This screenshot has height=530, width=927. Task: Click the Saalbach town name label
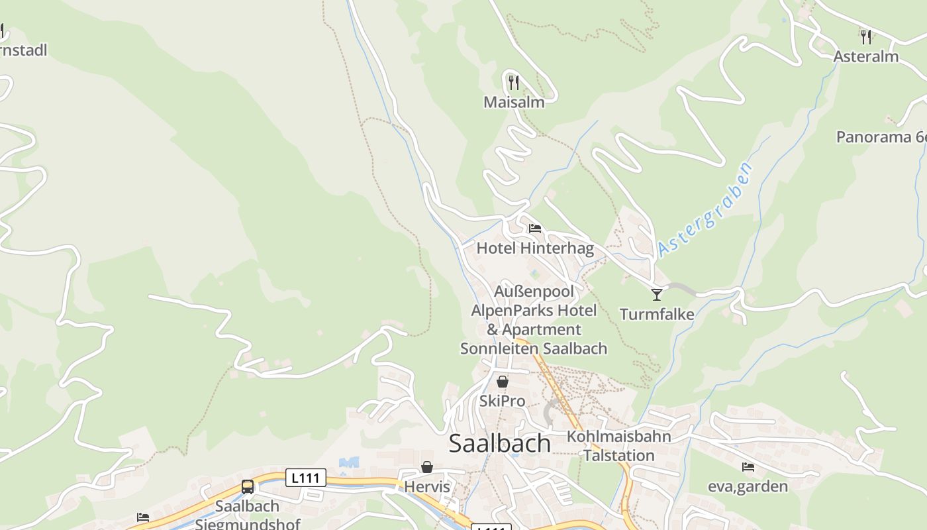(x=499, y=443)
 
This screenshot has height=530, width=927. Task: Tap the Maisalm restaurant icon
(x=513, y=82)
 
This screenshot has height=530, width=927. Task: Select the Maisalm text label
(x=514, y=102)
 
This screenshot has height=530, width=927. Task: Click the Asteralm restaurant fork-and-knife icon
(x=865, y=36)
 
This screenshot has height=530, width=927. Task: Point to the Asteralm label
(x=865, y=56)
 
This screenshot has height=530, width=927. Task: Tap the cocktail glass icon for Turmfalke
(x=656, y=294)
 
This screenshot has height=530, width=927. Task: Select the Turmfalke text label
(x=656, y=314)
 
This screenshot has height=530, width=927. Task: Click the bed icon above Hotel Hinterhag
(x=535, y=229)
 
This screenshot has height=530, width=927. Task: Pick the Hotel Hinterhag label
(x=535, y=248)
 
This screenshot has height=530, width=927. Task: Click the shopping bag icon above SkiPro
(x=502, y=382)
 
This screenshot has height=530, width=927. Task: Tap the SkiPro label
(x=502, y=401)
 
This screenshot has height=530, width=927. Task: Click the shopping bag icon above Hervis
(x=427, y=468)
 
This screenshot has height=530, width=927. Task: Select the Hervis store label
(x=427, y=487)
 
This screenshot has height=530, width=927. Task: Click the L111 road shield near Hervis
(x=306, y=478)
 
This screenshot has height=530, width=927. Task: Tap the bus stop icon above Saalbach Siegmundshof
(x=248, y=487)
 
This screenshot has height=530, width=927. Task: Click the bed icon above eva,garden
(x=748, y=467)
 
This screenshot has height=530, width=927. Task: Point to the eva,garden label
(x=748, y=487)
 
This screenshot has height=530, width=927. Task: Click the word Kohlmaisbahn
(x=618, y=437)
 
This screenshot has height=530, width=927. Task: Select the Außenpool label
(x=534, y=291)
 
